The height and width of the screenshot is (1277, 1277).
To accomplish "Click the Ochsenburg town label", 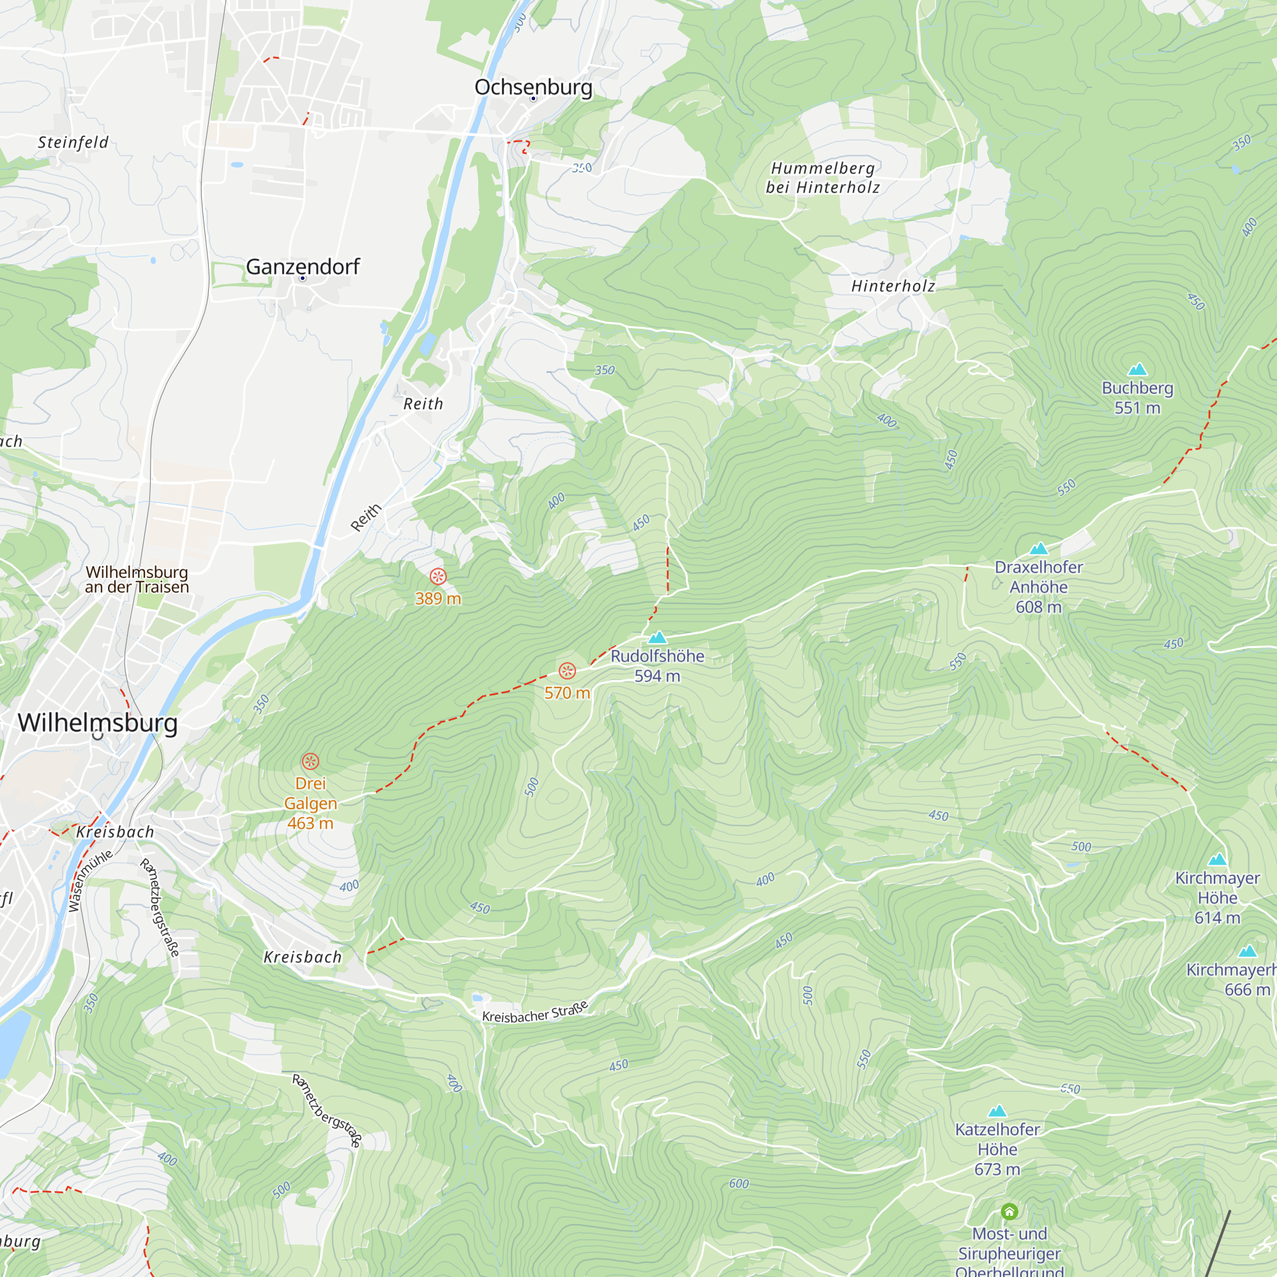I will pyautogui.click(x=533, y=87).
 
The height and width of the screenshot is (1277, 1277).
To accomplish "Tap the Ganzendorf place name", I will pyautogui.click(x=303, y=267).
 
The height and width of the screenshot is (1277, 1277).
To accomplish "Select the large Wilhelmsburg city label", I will pyautogui.click(x=98, y=722).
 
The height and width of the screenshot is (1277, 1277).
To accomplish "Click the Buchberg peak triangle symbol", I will pyautogui.click(x=1137, y=370).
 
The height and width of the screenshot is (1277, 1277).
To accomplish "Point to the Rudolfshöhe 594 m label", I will pyautogui.click(x=657, y=665).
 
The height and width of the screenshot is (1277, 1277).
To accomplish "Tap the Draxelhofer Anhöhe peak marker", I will pyautogui.click(x=1038, y=548).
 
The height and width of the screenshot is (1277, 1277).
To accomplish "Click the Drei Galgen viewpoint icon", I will pyautogui.click(x=311, y=762).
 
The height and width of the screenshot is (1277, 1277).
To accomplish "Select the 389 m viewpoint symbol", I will pyautogui.click(x=437, y=577).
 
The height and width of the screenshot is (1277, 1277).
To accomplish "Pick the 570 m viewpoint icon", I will pyautogui.click(x=567, y=671).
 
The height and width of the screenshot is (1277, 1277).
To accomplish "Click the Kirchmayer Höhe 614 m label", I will pyautogui.click(x=1217, y=898).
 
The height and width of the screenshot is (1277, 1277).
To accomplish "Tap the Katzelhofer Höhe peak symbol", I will pyautogui.click(x=997, y=1111).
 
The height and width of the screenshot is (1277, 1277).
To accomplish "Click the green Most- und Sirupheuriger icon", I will pyautogui.click(x=1009, y=1212).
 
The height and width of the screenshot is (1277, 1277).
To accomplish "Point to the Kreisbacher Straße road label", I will pyautogui.click(x=534, y=1013).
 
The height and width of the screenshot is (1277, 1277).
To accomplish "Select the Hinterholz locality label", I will pyautogui.click(x=893, y=286).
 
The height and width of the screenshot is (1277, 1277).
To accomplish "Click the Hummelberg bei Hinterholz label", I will pyautogui.click(x=823, y=178).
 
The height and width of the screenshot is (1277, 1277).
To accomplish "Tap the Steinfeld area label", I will pyautogui.click(x=73, y=143).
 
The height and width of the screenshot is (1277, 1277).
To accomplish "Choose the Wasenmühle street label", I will pyautogui.click(x=91, y=881).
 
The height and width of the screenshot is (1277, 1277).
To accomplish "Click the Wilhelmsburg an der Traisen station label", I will pyautogui.click(x=137, y=579).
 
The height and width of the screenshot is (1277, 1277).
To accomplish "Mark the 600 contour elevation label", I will pyautogui.click(x=739, y=1184).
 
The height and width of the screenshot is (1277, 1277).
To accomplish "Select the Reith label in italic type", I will pyautogui.click(x=423, y=404).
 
